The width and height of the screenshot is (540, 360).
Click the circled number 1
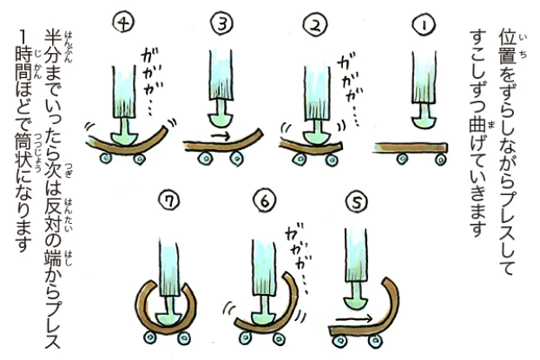[x=425, y=25]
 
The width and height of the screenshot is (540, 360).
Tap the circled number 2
[x=316, y=25]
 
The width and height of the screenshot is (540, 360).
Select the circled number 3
[x=222, y=24]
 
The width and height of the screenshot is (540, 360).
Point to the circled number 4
[x=123, y=23]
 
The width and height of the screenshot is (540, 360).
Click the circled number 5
[x=357, y=203]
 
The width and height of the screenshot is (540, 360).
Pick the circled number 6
[x=265, y=201]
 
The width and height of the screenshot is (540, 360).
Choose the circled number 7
[x=168, y=201]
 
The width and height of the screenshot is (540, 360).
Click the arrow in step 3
[x=221, y=135]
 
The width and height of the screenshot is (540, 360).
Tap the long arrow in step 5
[x=355, y=318]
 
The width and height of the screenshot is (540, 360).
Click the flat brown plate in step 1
[x=410, y=148]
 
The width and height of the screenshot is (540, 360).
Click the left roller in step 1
[x=402, y=160]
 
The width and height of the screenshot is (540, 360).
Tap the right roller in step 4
[x=139, y=159]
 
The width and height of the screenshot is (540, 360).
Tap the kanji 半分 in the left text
[x=53, y=47]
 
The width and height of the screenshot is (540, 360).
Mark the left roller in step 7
[x=150, y=337]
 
